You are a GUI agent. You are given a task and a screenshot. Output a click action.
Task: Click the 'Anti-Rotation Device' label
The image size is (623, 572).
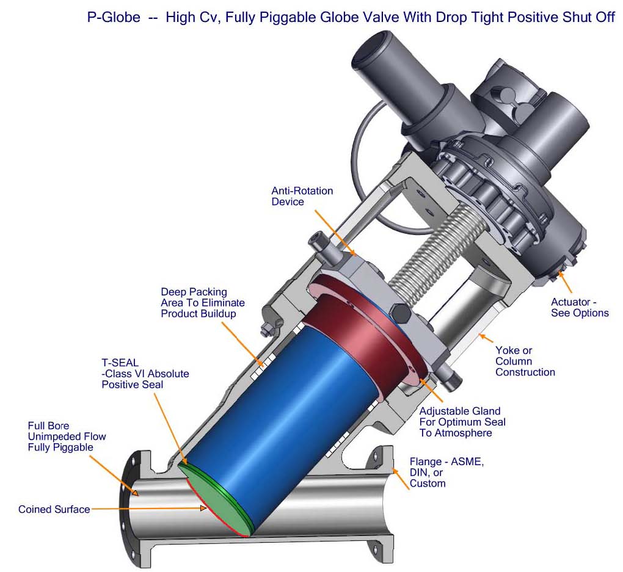[x=302, y=196]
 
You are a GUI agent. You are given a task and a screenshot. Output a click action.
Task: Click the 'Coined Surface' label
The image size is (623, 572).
[x=54, y=509]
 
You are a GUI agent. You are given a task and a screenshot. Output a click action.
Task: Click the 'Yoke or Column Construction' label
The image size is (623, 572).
[x=525, y=361]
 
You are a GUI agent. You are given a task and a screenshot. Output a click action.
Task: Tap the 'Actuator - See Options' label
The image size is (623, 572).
[x=580, y=308]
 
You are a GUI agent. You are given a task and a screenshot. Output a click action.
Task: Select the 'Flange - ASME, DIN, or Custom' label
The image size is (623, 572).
[x=446, y=472]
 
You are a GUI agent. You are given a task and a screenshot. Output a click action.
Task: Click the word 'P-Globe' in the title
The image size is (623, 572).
[x=114, y=17]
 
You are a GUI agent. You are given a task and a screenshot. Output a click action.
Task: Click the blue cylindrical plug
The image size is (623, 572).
[x=286, y=413]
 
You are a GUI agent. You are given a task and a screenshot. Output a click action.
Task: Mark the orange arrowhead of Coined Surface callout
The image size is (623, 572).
[x=203, y=508]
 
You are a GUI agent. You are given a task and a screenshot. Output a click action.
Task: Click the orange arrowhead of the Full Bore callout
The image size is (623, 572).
[x=136, y=493]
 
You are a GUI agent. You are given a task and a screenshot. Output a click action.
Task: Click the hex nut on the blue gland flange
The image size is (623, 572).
[x=399, y=313]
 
